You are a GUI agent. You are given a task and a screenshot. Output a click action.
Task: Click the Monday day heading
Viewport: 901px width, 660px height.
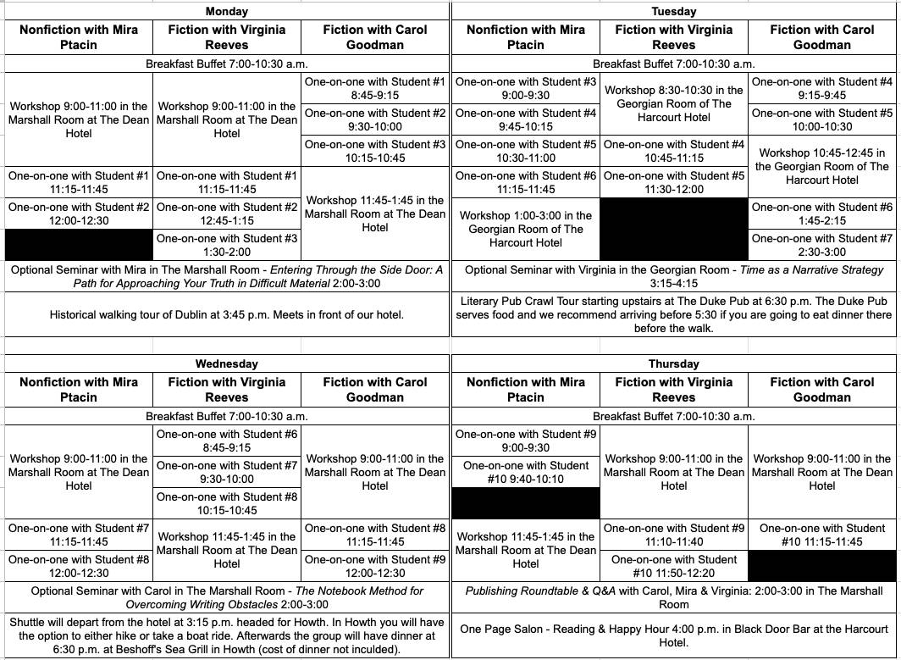(227, 11)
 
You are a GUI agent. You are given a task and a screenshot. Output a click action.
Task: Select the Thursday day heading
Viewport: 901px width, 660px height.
(674, 363)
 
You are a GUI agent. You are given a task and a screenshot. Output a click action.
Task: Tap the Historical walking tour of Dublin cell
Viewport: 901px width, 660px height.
(227, 314)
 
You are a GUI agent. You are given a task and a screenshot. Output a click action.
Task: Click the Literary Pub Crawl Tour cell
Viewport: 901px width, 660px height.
(674, 314)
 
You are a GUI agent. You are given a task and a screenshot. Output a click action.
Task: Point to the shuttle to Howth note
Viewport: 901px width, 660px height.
(227, 635)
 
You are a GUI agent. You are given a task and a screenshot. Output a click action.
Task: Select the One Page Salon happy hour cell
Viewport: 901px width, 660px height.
(674, 635)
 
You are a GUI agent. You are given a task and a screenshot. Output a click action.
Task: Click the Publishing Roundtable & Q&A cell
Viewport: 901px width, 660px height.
(674, 597)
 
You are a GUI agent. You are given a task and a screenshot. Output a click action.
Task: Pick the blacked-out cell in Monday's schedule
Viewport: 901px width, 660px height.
(79, 244)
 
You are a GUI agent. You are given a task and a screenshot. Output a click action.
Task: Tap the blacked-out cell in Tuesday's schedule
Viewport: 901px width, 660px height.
(674, 229)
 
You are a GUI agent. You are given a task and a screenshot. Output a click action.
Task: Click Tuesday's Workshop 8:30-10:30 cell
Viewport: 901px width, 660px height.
(674, 103)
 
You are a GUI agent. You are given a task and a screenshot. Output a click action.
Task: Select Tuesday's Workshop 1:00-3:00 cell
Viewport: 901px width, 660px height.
(525, 229)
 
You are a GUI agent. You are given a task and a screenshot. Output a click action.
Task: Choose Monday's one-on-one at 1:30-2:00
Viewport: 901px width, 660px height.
(227, 245)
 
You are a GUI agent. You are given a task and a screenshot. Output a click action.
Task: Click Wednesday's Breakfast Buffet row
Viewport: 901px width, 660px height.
(227, 416)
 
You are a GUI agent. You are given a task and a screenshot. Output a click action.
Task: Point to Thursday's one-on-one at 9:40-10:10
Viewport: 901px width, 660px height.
(525, 472)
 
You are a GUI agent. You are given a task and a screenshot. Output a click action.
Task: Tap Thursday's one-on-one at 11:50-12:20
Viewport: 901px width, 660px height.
(674, 566)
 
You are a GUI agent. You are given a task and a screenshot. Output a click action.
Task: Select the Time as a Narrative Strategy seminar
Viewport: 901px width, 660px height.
(674, 276)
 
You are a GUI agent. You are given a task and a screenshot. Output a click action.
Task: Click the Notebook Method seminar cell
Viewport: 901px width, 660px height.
(227, 597)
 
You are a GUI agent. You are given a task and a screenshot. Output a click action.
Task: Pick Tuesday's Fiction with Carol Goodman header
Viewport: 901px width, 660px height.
(822, 36)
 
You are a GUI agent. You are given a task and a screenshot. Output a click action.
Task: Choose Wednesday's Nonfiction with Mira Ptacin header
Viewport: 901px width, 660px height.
(79, 389)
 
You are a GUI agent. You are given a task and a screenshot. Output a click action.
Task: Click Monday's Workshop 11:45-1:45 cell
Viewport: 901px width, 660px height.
(375, 214)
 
